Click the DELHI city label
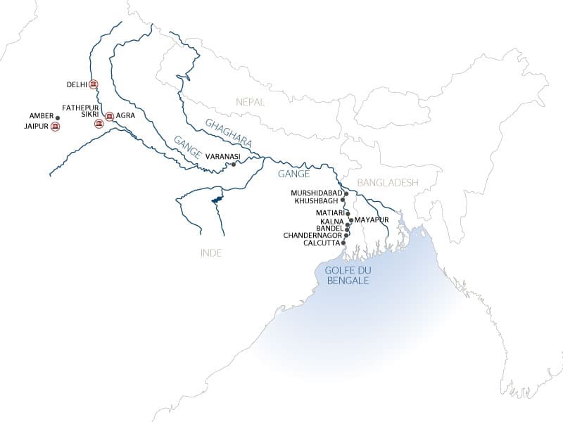[x=77, y=84]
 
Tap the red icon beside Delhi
[x=94, y=84]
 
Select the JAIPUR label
[x=35, y=127]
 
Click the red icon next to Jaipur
[x=55, y=127]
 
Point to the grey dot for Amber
[x=58, y=116]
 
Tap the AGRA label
[x=125, y=116]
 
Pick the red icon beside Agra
[x=109, y=116]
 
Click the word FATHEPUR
[x=79, y=108]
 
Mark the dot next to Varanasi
[x=233, y=165]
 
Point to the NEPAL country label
[x=251, y=102]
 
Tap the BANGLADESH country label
[x=388, y=182]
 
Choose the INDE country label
[x=210, y=253]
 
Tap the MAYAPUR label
[x=372, y=219]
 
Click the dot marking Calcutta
[x=343, y=243]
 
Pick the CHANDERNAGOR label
[x=312, y=235]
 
